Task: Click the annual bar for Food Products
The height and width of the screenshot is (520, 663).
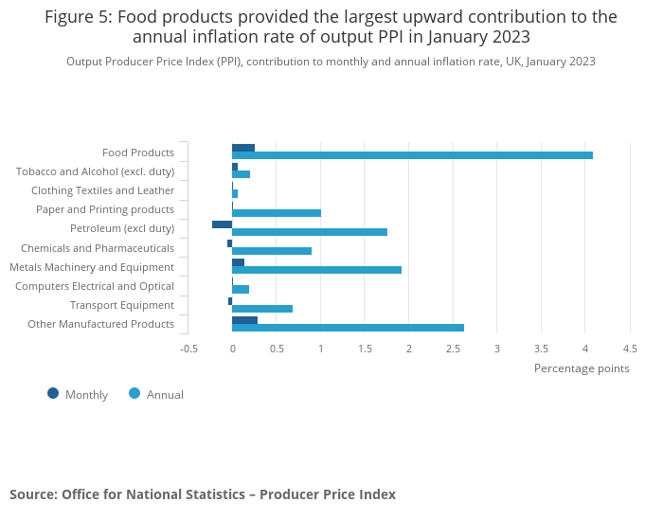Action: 412,155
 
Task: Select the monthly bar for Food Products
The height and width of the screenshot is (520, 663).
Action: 243,148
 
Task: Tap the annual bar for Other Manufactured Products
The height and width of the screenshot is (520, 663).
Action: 348,328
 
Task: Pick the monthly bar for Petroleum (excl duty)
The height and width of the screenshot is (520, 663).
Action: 222,224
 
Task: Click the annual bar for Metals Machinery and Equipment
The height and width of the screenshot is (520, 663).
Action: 316,270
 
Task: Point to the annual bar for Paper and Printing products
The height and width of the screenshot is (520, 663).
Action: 277,213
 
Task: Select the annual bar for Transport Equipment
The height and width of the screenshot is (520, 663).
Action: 262,309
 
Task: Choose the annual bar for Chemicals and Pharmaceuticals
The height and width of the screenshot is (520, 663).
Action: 272,251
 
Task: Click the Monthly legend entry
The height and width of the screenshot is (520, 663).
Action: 78,394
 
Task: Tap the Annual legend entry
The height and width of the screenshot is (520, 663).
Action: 156,394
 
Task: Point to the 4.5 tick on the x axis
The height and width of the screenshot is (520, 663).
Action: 630,349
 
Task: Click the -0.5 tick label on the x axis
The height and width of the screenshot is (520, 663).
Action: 189,349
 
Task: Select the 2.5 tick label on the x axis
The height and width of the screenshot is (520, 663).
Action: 453,349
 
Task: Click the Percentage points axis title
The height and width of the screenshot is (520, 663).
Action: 582,368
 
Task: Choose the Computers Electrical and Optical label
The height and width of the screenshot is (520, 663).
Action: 95,286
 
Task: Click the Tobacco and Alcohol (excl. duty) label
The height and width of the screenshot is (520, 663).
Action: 95,171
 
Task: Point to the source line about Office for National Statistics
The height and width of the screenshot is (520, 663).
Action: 203,494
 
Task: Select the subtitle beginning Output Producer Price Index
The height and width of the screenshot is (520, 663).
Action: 331,62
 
